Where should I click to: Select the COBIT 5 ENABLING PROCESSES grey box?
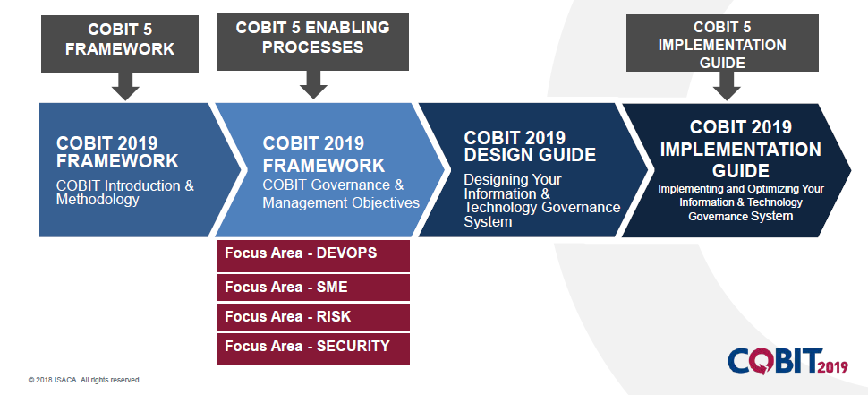[x=312, y=40]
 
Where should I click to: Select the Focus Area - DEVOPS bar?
[x=313, y=254]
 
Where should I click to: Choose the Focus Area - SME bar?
[x=313, y=287]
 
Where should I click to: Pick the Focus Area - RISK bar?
[x=313, y=316]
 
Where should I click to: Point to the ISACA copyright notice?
[x=84, y=380]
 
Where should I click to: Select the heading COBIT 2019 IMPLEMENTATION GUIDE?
[x=740, y=149]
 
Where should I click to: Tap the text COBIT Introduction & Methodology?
[x=124, y=193]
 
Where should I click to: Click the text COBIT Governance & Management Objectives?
[x=341, y=193]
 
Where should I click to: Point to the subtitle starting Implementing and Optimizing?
[x=740, y=202]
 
